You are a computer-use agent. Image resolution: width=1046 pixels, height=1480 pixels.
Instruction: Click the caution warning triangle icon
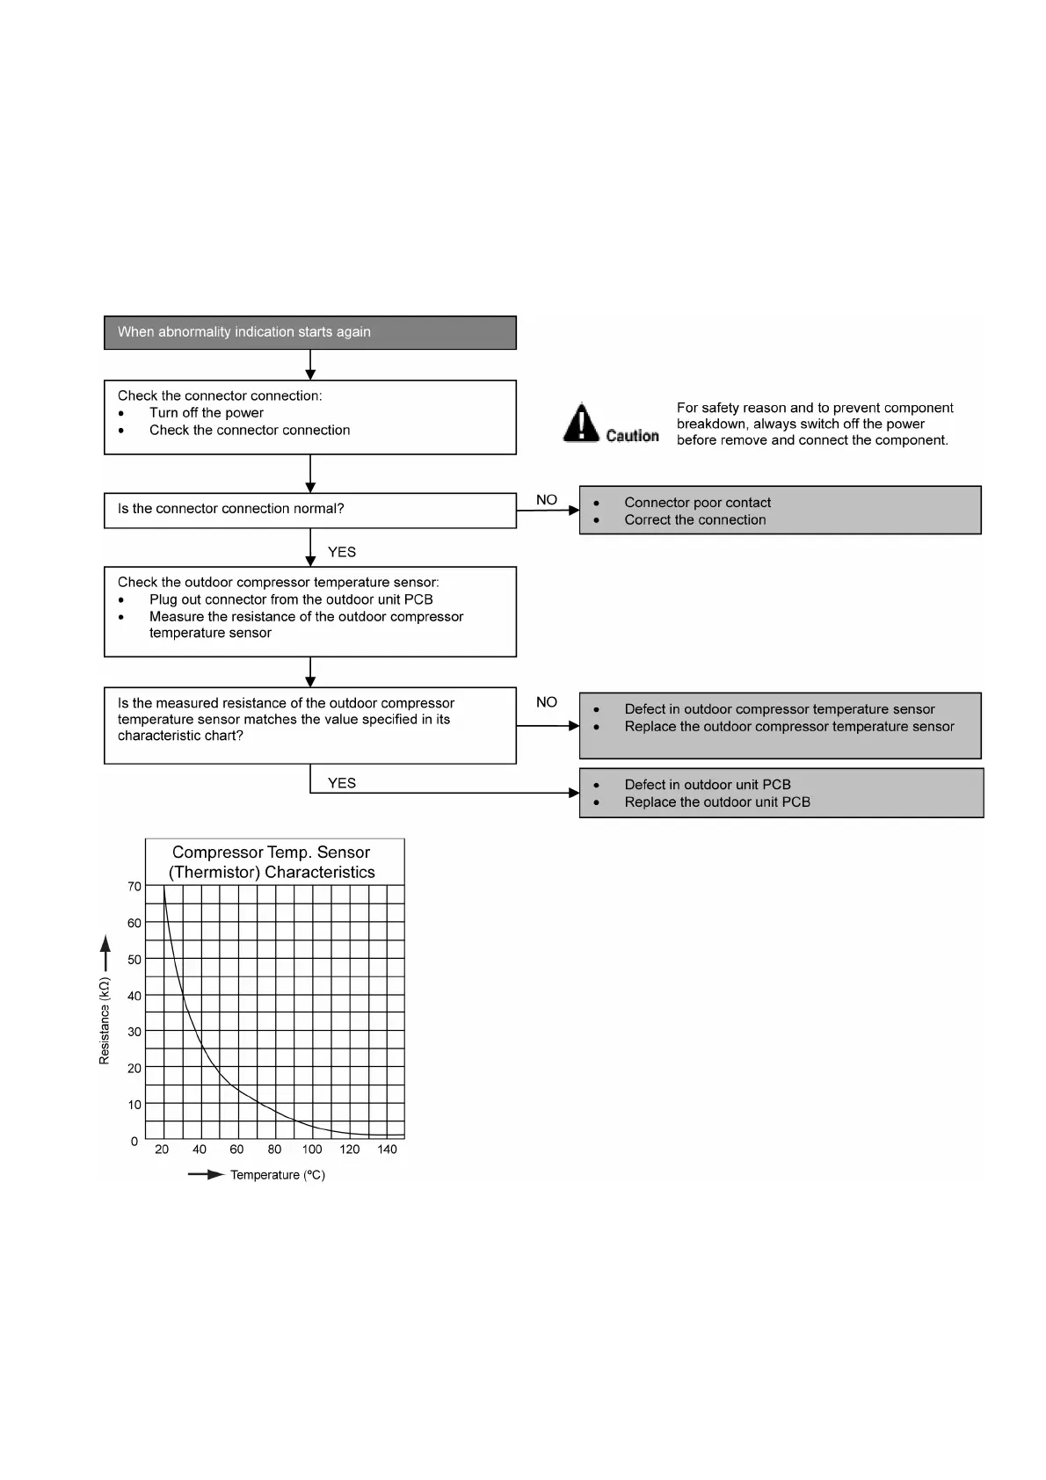coord(581,423)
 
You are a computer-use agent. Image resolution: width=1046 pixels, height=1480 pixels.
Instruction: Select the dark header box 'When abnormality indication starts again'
coord(309,332)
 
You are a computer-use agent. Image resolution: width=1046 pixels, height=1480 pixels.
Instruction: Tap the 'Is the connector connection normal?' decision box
coord(309,510)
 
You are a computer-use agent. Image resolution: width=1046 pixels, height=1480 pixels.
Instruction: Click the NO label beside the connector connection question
coord(547,500)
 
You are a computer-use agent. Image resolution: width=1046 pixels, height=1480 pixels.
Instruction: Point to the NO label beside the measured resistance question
coord(547,702)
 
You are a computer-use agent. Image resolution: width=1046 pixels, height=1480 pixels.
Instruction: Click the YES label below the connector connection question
coord(342,552)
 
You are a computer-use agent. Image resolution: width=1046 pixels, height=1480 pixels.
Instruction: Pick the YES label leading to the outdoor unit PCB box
coord(342,783)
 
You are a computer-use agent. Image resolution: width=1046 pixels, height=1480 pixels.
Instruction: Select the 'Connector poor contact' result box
coord(780,511)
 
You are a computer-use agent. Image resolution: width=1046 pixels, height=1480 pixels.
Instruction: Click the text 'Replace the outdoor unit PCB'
coord(717,802)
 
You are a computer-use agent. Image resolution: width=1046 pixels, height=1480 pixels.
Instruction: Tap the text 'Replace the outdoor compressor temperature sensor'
coord(789,727)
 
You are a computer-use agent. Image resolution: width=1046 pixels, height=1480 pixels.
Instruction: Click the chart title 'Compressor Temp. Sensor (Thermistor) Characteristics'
coord(272,862)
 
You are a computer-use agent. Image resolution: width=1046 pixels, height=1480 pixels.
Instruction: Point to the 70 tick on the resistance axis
coord(134,887)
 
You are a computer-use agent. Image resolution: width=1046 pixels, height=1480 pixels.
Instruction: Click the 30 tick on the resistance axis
coord(134,1032)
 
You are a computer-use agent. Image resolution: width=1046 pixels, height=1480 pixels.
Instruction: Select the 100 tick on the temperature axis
coord(312,1150)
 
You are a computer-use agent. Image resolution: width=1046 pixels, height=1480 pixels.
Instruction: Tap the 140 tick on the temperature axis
coord(387,1150)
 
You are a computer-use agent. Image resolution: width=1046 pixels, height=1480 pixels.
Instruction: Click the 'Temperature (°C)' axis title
coord(278,1175)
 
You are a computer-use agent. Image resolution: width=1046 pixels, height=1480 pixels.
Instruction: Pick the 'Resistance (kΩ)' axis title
coord(105,1020)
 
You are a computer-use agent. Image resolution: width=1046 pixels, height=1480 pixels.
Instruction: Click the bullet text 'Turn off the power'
coord(207,413)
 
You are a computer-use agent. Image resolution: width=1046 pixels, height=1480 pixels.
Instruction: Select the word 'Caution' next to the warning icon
coord(632,436)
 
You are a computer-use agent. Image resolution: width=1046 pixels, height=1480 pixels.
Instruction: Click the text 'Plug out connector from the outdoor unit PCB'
coord(291,599)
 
